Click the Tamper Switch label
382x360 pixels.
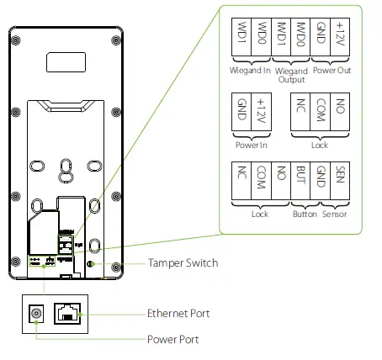click(183, 263)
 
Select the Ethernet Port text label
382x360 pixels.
click(178, 314)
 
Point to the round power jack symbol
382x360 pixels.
click(36, 314)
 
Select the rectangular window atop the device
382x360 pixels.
click(66, 62)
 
